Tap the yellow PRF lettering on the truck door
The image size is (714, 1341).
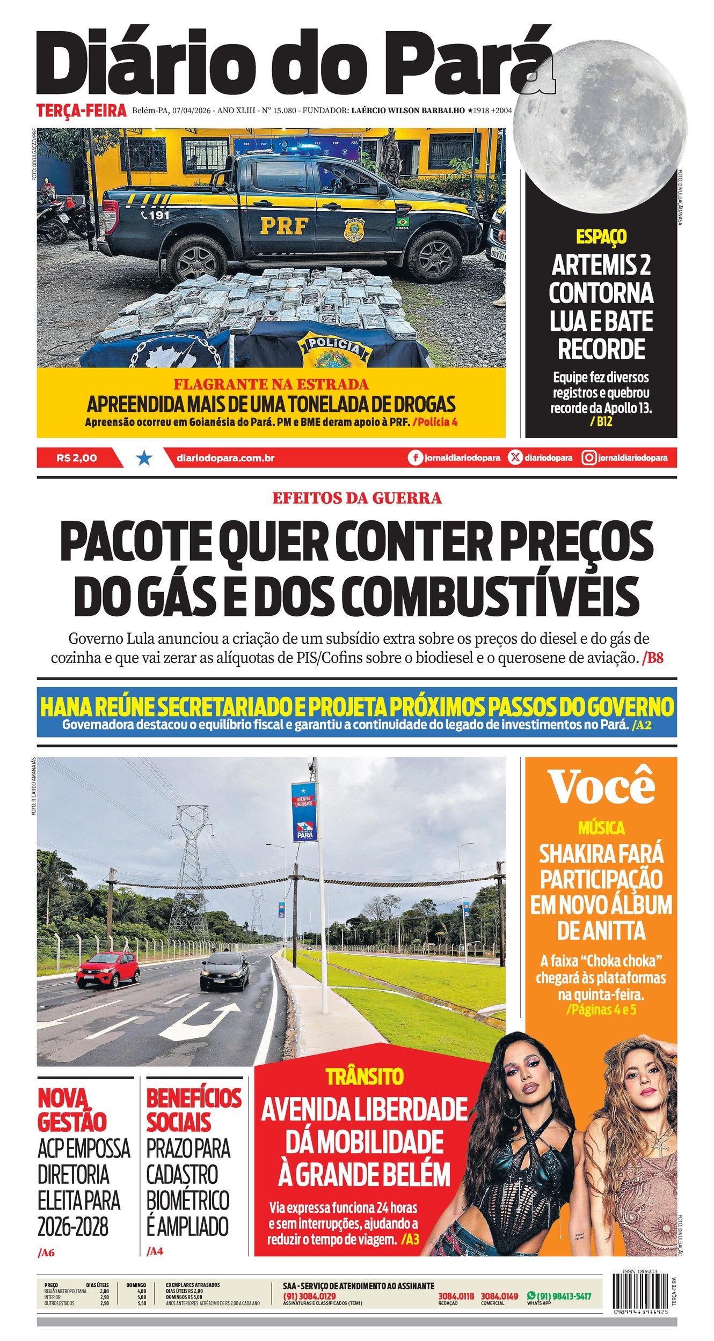284,226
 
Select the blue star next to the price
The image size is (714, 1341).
144,458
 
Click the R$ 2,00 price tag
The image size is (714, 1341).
77,458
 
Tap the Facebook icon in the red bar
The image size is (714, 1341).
414,458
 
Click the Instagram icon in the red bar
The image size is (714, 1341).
589,458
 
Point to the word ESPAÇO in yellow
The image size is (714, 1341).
601,237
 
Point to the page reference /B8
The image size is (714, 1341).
653,658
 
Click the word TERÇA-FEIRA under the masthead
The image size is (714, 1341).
82,110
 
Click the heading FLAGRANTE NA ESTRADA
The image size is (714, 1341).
271,384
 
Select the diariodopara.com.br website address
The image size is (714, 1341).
225,458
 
